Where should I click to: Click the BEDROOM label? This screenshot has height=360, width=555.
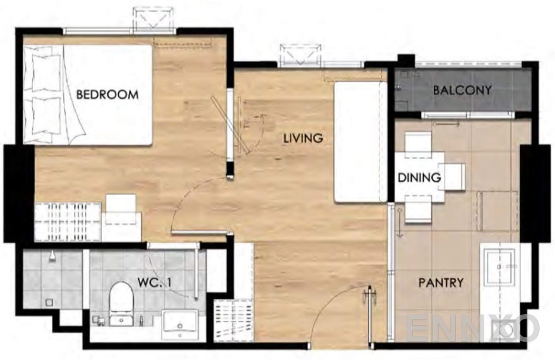[x=107, y=95]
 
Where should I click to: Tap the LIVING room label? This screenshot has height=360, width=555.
[x=303, y=138]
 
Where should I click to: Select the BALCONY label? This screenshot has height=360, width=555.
[x=462, y=90]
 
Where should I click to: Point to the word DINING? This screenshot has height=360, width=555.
[x=419, y=177]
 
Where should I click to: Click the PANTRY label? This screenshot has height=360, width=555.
[x=441, y=282]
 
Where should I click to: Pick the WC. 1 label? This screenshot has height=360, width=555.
[x=155, y=282]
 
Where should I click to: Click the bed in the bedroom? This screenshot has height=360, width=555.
[x=88, y=95]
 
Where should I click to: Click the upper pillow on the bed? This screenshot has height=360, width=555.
[x=46, y=73]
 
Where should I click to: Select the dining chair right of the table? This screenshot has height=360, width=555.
[x=452, y=177]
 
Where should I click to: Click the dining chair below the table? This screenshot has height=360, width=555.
[x=418, y=210]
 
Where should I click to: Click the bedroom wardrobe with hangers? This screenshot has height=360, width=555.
[x=68, y=222]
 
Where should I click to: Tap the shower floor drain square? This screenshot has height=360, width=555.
[x=49, y=303]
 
